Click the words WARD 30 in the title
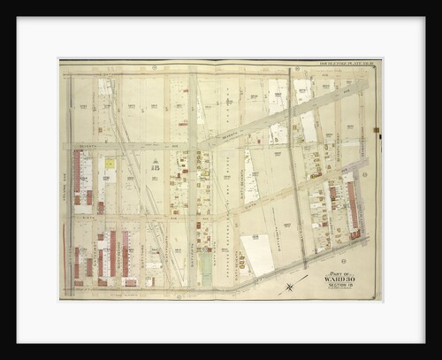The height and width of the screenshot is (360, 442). point(341,281)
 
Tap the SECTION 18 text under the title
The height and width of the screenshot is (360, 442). point(341,288)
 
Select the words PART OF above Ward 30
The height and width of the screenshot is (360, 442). point(340,274)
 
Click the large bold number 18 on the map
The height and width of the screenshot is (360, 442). point(156,165)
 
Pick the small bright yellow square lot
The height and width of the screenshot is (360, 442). point(110,164)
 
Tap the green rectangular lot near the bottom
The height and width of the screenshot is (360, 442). point(206,269)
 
